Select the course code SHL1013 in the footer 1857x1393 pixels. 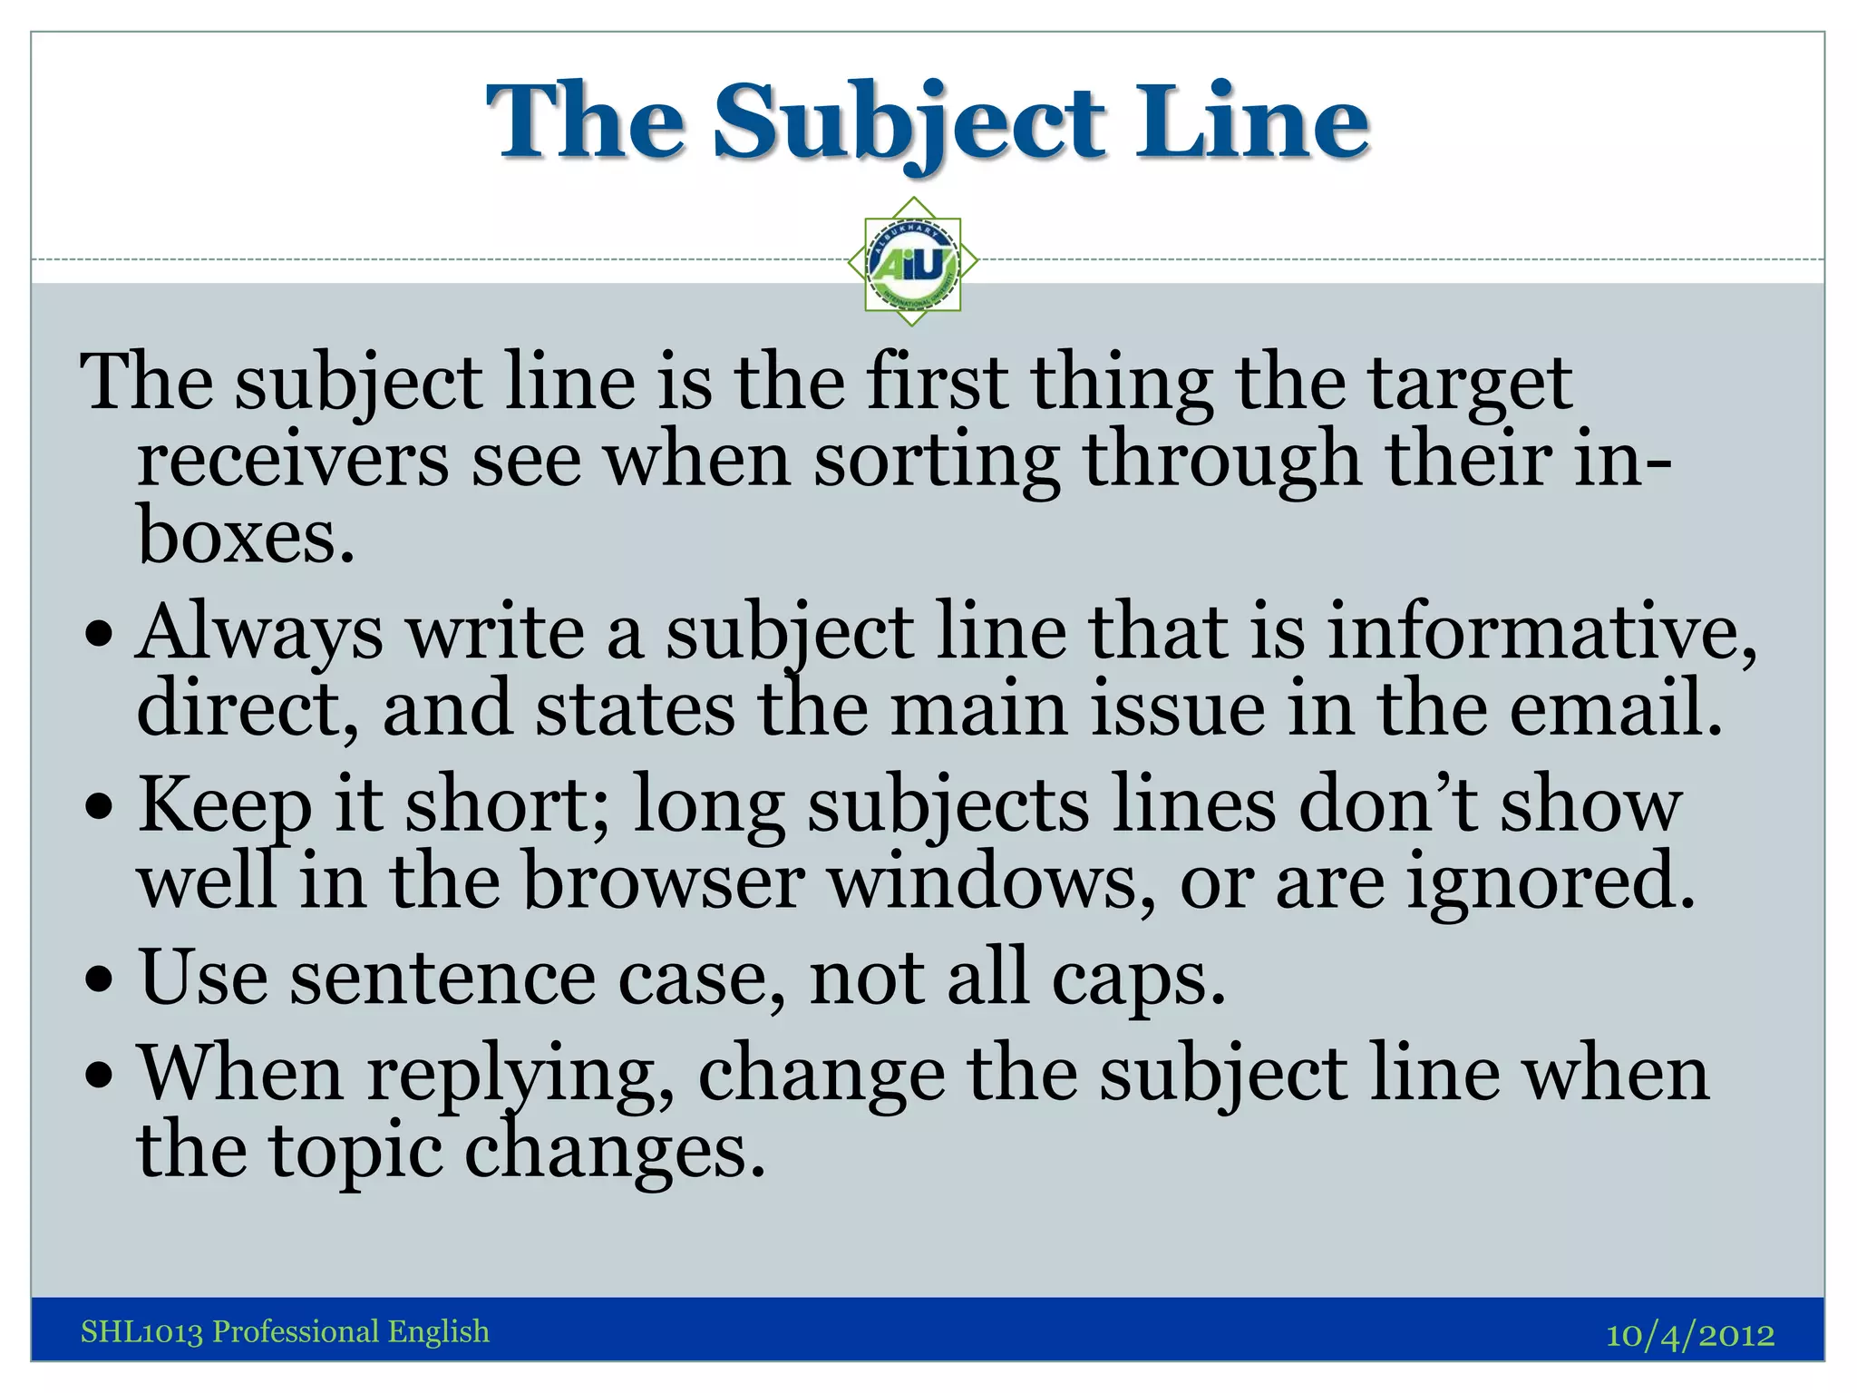coord(141,1331)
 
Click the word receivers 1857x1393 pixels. coord(292,461)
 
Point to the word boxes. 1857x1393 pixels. coord(245,537)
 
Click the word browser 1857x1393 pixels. coord(663,882)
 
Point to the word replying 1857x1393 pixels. coord(520,1076)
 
